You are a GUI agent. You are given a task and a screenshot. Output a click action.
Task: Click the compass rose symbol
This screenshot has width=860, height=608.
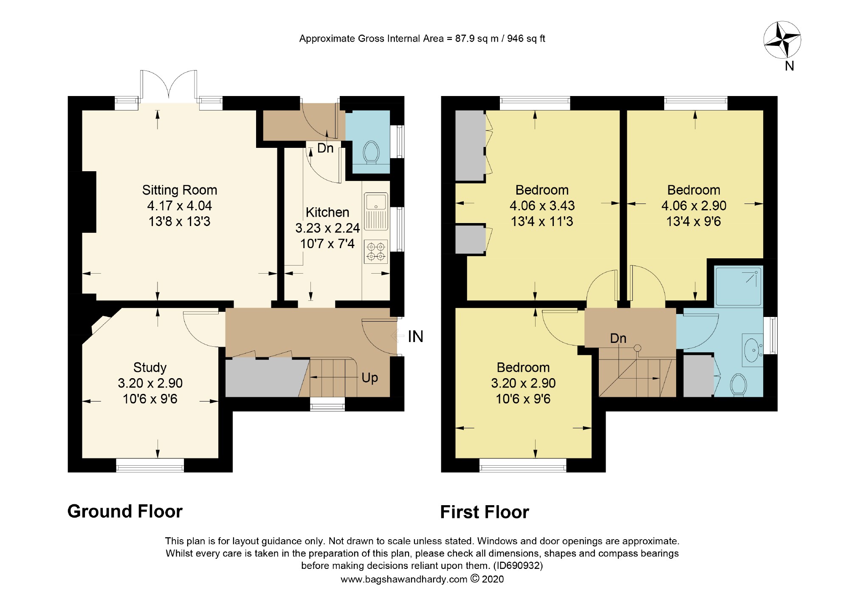click(x=782, y=40)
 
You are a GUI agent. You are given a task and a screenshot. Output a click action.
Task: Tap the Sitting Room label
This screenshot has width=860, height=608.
click(x=179, y=190)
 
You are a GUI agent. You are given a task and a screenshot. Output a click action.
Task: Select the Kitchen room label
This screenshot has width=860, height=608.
click(x=327, y=212)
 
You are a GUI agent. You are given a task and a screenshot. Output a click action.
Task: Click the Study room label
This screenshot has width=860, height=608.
click(x=150, y=367)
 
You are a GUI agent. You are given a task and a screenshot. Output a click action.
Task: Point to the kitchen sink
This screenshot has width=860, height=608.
click(x=376, y=211)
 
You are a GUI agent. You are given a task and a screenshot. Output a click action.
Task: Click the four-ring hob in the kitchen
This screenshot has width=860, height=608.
click(x=376, y=252)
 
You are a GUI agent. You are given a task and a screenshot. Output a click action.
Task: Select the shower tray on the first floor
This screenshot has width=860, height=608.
click(x=739, y=286)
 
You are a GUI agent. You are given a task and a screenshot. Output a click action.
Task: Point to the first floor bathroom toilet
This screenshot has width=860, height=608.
click(x=739, y=385)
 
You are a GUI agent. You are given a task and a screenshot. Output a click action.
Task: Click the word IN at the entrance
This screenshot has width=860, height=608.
click(x=415, y=337)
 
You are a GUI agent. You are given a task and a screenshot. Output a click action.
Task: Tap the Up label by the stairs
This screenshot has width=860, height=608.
click(x=369, y=378)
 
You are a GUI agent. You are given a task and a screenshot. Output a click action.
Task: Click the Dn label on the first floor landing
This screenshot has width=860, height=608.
click(x=618, y=338)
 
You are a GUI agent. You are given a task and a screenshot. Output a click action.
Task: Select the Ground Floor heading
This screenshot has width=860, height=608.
click(x=125, y=511)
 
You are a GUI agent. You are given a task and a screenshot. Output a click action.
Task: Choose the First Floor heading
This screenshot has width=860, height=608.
click(x=485, y=512)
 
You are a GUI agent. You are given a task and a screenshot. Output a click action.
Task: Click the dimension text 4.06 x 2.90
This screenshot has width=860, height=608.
click(x=694, y=206)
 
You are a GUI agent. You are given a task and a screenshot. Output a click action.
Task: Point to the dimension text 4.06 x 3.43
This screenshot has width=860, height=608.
click(x=542, y=206)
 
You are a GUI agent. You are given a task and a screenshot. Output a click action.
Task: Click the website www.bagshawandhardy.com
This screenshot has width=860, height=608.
click(x=404, y=579)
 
